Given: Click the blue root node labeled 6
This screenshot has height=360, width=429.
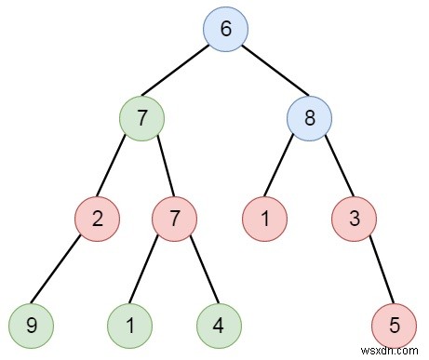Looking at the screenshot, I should click(225, 29).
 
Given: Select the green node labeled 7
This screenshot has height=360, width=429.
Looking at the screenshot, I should click(141, 119).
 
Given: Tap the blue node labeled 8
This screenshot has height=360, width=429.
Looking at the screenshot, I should click(309, 119).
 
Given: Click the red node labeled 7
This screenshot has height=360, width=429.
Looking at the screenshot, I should click(173, 221).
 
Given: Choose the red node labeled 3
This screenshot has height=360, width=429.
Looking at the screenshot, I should click(355, 221).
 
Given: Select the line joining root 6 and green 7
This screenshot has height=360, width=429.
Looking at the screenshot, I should click(183, 74).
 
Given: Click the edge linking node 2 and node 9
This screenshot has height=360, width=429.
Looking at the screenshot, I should click(60, 273).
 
